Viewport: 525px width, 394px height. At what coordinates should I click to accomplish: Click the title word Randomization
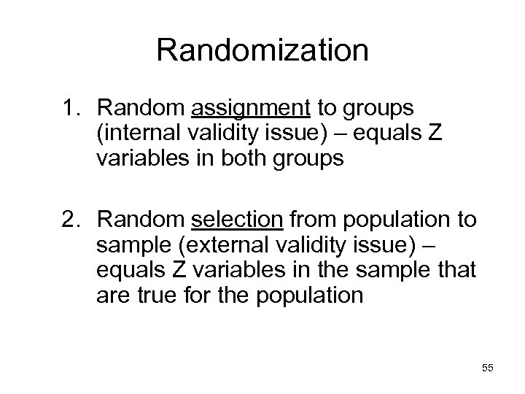[x=262, y=51]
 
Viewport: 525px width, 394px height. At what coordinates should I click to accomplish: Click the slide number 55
[x=487, y=368]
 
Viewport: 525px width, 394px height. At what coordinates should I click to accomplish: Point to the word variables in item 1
[x=145, y=159]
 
